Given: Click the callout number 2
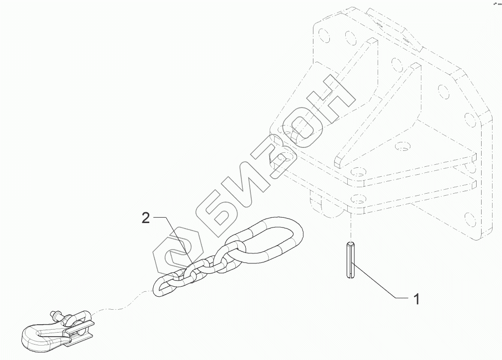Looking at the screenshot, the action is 145,218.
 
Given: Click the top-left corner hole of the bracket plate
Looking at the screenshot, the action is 324,35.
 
